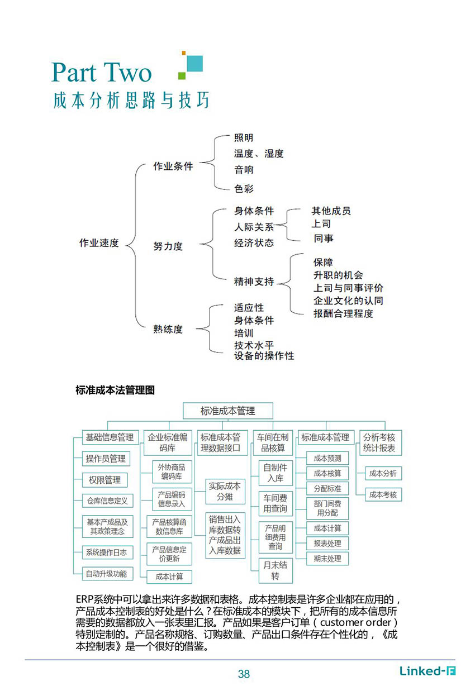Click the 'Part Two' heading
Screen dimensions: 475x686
point(102,72)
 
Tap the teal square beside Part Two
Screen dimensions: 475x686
point(194,63)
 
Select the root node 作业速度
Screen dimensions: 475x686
point(99,243)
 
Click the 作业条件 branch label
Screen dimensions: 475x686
point(173,166)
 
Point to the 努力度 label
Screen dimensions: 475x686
point(168,246)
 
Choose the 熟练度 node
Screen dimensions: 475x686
point(168,329)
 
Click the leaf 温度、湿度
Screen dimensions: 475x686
point(259,154)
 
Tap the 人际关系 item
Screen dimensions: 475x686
point(254,227)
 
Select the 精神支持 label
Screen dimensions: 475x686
point(254,282)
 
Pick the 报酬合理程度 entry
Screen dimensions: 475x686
point(343,313)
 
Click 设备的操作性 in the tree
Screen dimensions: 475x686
point(264,356)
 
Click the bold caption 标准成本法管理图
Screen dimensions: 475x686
point(115,390)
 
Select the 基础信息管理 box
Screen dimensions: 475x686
point(110,437)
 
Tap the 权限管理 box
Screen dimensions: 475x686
point(104,480)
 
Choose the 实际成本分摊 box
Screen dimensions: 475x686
point(225,492)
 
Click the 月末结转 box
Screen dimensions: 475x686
point(275,570)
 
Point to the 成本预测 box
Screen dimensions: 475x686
point(327,458)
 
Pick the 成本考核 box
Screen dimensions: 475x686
point(383,494)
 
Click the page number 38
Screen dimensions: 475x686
point(244,674)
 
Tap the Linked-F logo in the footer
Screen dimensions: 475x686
point(427,671)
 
